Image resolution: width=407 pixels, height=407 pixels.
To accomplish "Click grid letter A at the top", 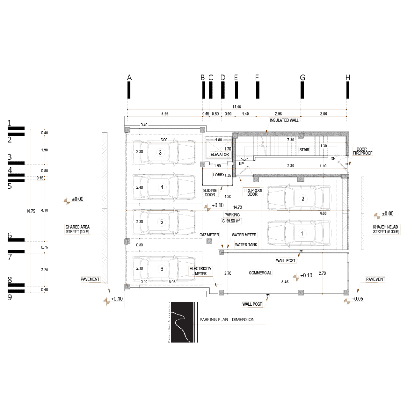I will [x=129, y=78].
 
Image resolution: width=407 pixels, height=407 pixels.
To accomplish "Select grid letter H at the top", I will [x=348, y=78].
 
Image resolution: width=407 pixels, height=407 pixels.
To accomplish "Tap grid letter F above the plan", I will [x=257, y=78].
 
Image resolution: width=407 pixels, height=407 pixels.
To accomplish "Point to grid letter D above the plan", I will [x=223, y=78].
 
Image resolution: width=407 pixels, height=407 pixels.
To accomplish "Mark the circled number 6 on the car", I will [x=161, y=269].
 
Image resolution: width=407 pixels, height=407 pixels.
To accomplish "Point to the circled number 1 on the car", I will [x=303, y=232].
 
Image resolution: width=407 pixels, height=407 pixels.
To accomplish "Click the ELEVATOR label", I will [x=217, y=154].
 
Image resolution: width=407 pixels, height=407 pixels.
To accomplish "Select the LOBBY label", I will [x=219, y=175].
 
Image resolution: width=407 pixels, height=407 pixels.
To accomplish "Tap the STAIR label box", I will [x=304, y=150].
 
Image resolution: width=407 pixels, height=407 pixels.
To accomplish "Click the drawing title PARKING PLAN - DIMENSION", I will [x=227, y=320].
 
